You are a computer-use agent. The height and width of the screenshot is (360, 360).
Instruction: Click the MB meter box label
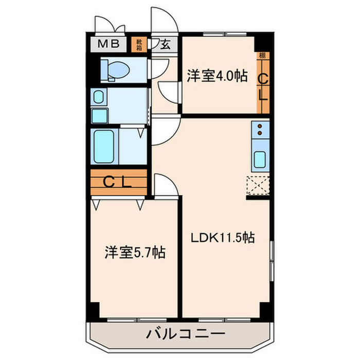(x=107, y=44)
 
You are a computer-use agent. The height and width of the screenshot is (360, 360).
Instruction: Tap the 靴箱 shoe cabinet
(x=139, y=44)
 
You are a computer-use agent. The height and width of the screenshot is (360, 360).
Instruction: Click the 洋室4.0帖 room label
(x=217, y=77)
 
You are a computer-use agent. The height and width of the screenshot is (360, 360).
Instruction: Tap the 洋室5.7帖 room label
(x=135, y=253)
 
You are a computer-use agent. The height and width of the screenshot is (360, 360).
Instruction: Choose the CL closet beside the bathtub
(x=118, y=182)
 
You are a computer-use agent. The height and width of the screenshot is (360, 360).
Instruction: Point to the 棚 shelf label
(x=262, y=55)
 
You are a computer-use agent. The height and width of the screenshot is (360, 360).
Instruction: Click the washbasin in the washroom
(x=99, y=96)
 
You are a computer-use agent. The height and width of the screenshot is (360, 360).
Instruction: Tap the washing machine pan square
(x=101, y=115)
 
